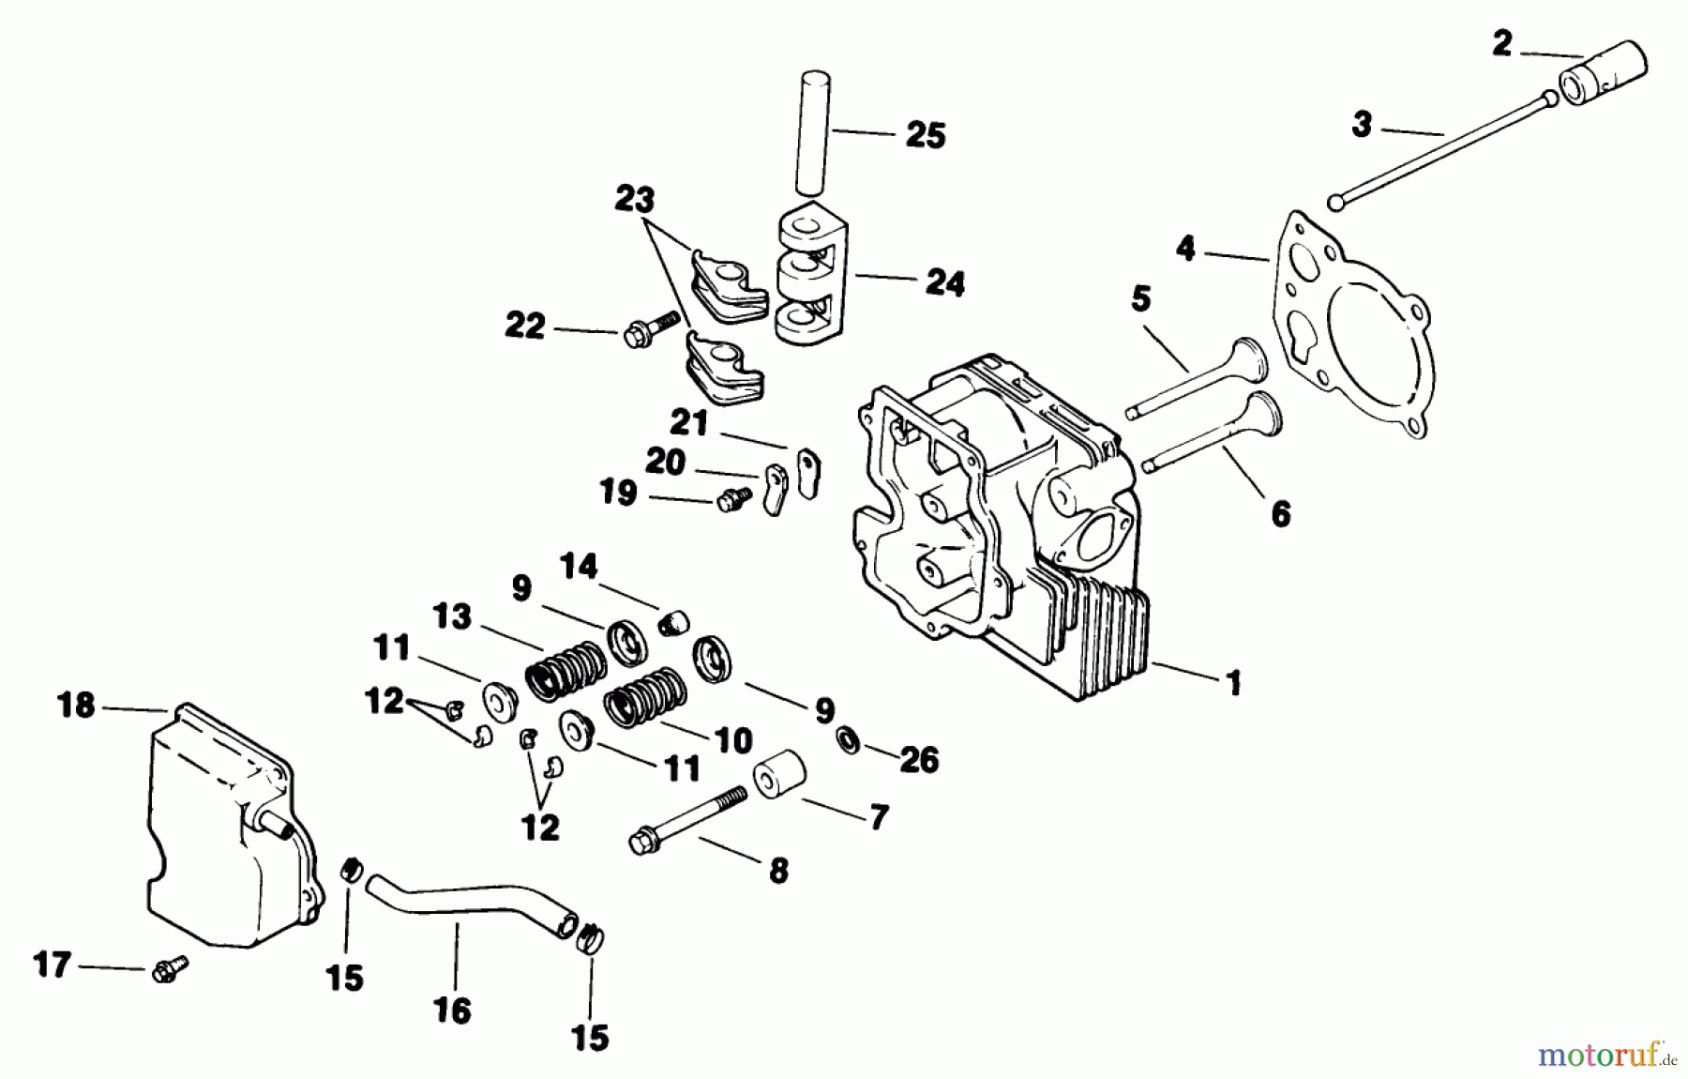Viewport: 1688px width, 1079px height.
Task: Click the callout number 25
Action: pos(925,135)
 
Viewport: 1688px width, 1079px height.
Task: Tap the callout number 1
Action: pos(1234,682)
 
